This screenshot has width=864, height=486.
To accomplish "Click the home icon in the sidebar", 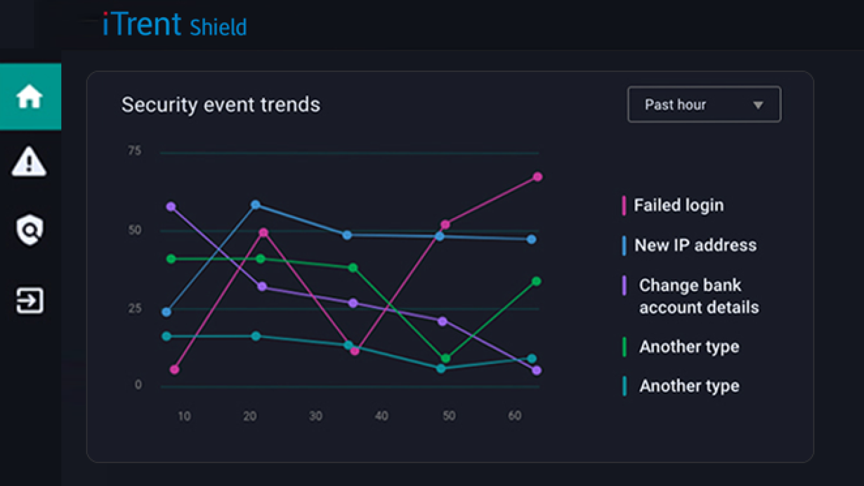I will [x=29, y=96].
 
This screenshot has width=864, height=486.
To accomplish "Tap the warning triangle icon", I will [x=29, y=161].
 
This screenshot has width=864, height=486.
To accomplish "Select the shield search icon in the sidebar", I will [x=29, y=230].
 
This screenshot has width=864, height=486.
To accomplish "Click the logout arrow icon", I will [x=29, y=301].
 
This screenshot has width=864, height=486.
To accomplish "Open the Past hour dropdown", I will [x=703, y=104].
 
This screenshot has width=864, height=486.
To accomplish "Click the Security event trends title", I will [x=221, y=104].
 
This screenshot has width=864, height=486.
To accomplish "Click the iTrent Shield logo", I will [x=174, y=25].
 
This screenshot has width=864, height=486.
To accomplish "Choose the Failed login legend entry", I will [x=678, y=205].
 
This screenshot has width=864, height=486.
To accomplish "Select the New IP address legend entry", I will [x=695, y=245].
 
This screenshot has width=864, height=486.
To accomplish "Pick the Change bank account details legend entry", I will [x=698, y=296].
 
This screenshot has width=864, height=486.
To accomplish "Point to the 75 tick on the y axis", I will [x=134, y=151].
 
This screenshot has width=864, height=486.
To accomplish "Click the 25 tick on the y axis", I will [x=134, y=308].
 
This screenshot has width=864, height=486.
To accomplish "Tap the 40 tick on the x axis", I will [x=381, y=416].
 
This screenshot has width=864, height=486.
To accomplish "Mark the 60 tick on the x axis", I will [x=515, y=416].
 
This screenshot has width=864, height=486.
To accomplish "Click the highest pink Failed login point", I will [x=538, y=177].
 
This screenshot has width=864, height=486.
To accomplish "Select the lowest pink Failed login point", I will [x=174, y=369].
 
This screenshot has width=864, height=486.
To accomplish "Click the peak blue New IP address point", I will [x=255, y=205].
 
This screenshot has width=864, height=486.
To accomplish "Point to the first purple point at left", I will [x=171, y=207].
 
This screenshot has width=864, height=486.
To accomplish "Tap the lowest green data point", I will [x=446, y=358].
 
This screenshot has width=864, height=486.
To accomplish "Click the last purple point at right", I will [x=537, y=370].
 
